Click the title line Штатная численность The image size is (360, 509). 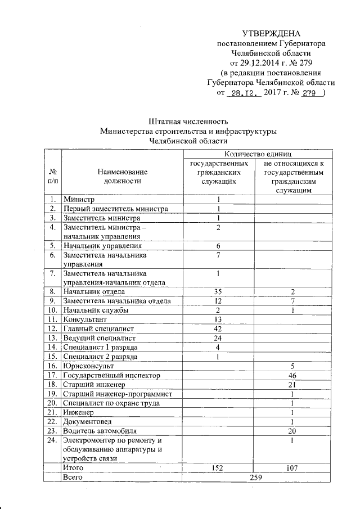187,121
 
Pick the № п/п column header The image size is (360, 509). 52,176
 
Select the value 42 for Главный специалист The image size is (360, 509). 217,328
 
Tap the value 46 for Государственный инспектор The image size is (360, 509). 291,375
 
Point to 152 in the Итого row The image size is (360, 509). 217,467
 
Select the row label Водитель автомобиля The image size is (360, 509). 99,430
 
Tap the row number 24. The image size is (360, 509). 52,440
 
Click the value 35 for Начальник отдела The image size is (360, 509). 217,291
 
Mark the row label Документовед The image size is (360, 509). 87,421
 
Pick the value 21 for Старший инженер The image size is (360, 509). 291,384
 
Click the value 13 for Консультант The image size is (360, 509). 217,319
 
